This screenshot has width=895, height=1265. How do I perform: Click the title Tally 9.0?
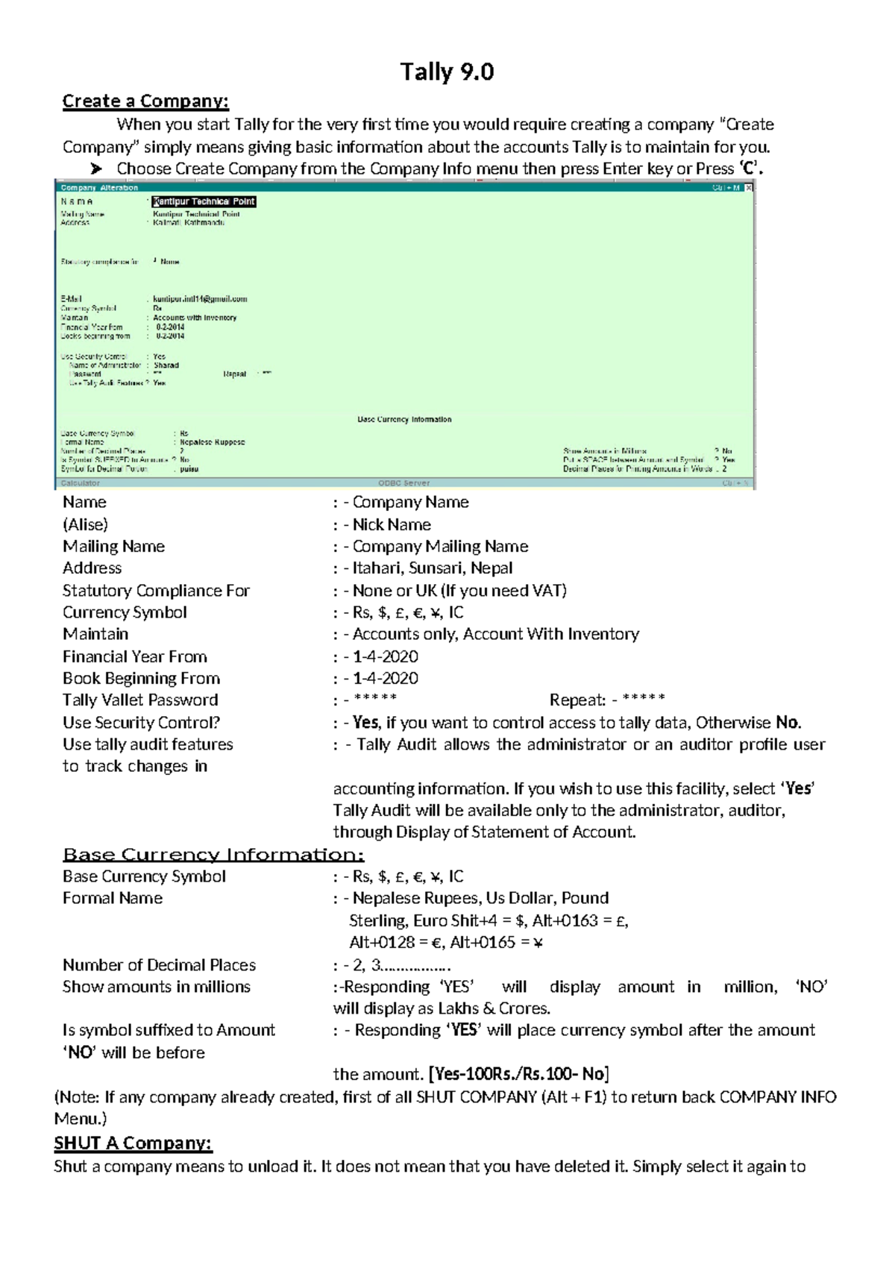tap(447, 72)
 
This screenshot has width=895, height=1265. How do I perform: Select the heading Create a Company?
tap(145, 101)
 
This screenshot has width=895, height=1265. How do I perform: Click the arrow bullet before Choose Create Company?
tap(96, 169)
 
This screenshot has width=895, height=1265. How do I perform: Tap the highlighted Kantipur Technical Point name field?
tap(204, 201)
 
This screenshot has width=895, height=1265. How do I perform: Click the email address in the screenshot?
tap(200, 299)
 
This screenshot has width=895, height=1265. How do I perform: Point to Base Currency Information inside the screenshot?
tap(404, 419)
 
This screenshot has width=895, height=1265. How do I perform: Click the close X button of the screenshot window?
tap(749, 188)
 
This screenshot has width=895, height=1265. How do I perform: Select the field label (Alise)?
tap(85, 524)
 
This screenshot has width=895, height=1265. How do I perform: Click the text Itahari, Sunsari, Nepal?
tap(433, 568)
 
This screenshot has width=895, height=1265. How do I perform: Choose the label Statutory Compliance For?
tap(156, 591)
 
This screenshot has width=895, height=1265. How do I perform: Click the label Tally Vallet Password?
tap(140, 700)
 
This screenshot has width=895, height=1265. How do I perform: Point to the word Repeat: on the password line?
tap(577, 700)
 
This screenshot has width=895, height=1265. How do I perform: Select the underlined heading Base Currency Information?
tap(213, 855)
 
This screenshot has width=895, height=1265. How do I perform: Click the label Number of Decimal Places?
tap(159, 964)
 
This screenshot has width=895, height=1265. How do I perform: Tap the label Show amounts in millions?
tap(157, 986)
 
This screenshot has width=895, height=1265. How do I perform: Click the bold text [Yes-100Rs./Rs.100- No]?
tap(519, 1074)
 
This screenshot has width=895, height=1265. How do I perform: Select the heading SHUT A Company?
tap(133, 1143)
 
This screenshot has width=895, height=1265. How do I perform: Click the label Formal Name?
tap(113, 898)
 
